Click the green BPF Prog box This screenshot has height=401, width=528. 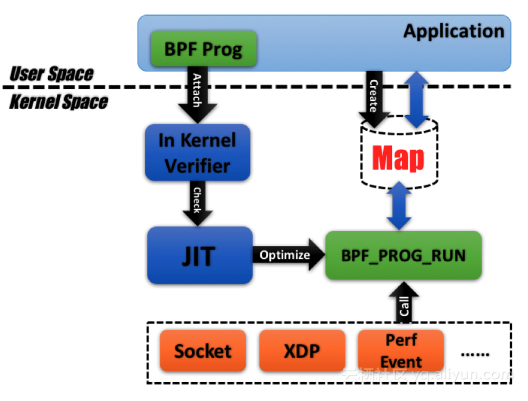point(203,49)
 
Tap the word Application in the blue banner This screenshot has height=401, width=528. point(453,31)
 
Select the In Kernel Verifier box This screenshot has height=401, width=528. point(197,152)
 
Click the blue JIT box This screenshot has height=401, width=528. point(200,255)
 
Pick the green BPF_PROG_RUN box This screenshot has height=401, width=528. point(403,256)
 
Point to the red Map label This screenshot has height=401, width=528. point(398,158)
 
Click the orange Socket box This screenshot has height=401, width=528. point(203,351)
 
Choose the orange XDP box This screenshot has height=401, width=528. point(302,351)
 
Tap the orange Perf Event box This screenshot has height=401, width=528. point(401,351)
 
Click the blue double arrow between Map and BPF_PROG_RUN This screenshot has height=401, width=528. point(399,206)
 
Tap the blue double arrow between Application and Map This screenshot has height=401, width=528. point(416,99)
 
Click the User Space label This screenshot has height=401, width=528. point(51,73)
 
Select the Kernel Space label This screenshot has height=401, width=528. point(58,102)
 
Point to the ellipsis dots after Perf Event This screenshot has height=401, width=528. point(475,354)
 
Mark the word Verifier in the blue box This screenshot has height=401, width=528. point(197,165)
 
